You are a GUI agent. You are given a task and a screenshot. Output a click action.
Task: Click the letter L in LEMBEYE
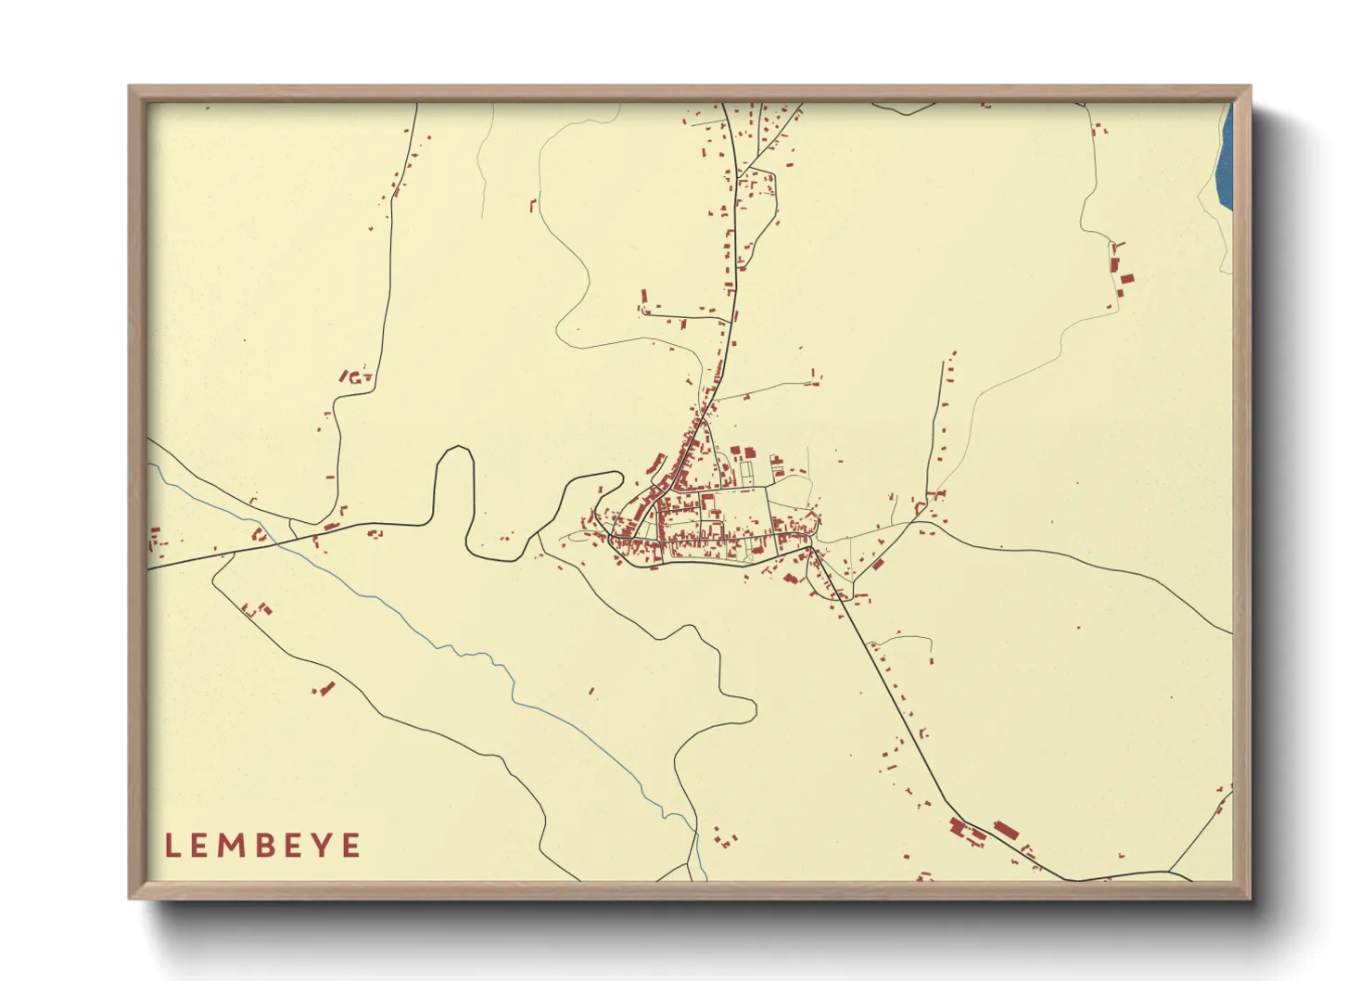pos(171,846)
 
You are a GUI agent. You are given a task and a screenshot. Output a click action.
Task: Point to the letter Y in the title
pos(322,846)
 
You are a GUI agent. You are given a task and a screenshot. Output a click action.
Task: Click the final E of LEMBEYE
pos(351,846)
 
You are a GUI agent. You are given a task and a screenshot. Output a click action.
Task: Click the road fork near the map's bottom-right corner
pos(1170,872)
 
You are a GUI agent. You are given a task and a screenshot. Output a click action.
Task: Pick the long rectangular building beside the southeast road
pos(1006,829)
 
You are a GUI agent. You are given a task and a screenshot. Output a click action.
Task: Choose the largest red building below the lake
pos(1127,277)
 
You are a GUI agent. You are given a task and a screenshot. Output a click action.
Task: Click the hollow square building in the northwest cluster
pos(354,377)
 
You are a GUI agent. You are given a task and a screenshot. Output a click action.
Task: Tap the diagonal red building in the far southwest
pos(326,688)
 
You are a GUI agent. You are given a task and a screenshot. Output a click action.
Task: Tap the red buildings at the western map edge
pos(155,538)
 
